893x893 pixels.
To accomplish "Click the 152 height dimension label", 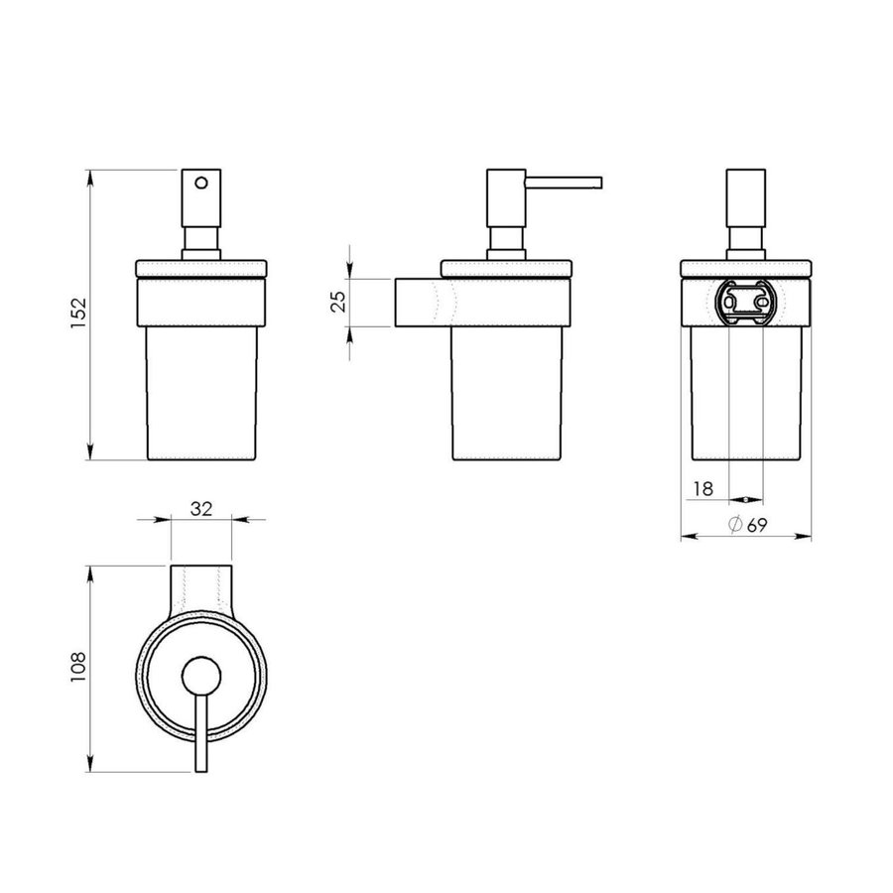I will point(81,315).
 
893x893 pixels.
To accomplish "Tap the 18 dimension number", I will point(703,488).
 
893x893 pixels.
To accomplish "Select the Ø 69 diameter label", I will point(747,526).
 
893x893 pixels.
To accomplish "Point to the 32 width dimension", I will point(201,508).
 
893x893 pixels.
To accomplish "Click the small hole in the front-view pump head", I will point(202,183).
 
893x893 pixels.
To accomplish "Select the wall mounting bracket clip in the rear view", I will point(746,301).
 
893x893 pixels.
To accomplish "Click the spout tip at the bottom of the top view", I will point(202,764).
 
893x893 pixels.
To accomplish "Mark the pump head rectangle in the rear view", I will point(746,198).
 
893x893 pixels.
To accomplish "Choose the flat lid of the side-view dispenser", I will point(505,267).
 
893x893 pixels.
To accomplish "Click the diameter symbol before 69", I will point(735,526).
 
